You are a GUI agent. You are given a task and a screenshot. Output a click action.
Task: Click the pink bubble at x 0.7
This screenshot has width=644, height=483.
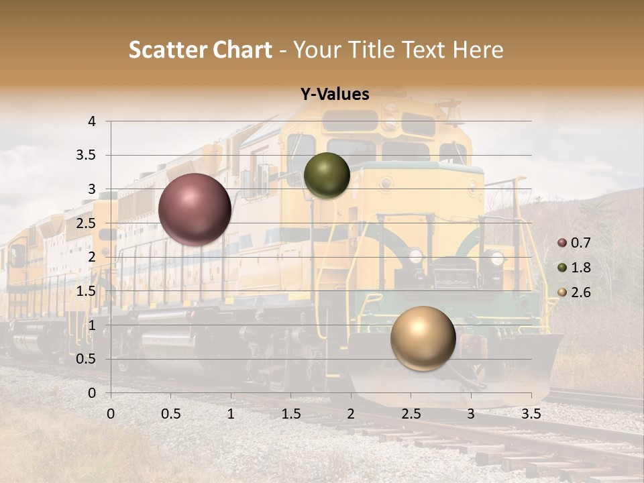click(x=195, y=209)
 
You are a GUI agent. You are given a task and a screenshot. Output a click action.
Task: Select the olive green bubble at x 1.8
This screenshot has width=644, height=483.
click(x=327, y=176)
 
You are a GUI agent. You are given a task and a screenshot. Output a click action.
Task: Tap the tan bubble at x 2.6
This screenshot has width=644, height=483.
click(x=423, y=338)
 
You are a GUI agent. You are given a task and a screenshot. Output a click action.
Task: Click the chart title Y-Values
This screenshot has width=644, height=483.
click(x=334, y=95)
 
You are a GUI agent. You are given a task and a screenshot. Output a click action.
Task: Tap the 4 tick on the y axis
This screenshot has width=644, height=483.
click(x=92, y=121)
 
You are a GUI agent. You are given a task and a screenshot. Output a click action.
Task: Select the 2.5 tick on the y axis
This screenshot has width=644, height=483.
click(x=87, y=223)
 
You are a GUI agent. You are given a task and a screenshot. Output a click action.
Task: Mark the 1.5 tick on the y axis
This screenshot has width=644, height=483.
click(x=87, y=291)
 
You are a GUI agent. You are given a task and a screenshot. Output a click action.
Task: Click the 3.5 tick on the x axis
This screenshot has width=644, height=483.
click(x=531, y=414)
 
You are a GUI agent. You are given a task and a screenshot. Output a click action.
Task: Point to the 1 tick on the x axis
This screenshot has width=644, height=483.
click(x=231, y=414)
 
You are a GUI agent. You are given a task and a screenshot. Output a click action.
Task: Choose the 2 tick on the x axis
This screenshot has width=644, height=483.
click(x=351, y=414)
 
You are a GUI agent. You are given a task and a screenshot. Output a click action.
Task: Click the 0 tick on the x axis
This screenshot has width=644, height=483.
click(x=111, y=414)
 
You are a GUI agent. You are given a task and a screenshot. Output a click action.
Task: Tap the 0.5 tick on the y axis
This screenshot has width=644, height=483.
click(x=87, y=359)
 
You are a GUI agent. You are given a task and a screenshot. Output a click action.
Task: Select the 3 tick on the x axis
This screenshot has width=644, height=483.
click(x=471, y=414)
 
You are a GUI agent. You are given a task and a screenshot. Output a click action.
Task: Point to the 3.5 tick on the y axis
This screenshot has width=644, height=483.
click(x=87, y=156)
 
